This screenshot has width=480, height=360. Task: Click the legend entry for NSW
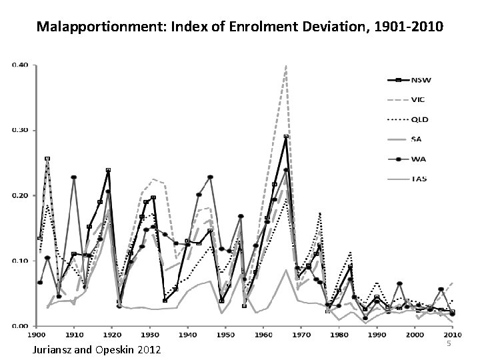[421, 81]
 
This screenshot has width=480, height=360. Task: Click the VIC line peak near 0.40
[286, 66]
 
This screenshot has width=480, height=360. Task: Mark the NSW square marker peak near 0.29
[286, 137]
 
